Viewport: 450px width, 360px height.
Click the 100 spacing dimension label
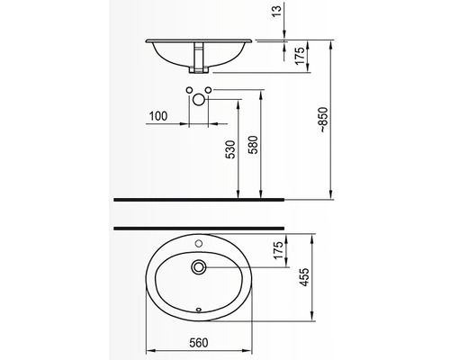(158, 117)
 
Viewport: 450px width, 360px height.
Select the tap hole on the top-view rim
(199, 244)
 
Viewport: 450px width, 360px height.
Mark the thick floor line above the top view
(198, 227)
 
